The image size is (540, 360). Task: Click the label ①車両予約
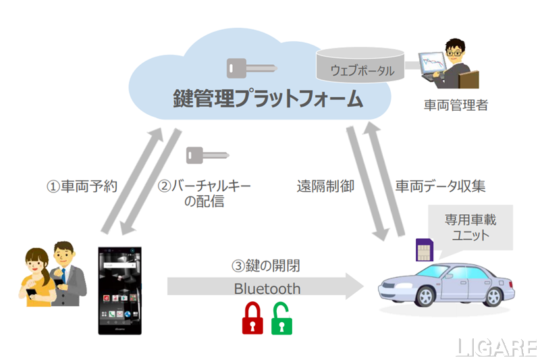click(x=82, y=186)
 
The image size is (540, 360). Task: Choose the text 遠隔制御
click(x=325, y=186)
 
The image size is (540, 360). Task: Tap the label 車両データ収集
click(x=440, y=186)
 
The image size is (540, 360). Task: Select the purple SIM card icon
click(x=421, y=251)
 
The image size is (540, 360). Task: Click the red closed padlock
click(x=252, y=317)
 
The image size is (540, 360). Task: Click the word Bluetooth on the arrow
click(x=267, y=288)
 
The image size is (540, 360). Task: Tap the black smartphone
click(x=120, y=288)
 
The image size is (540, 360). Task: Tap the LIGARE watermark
click(x=497, y=347)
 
